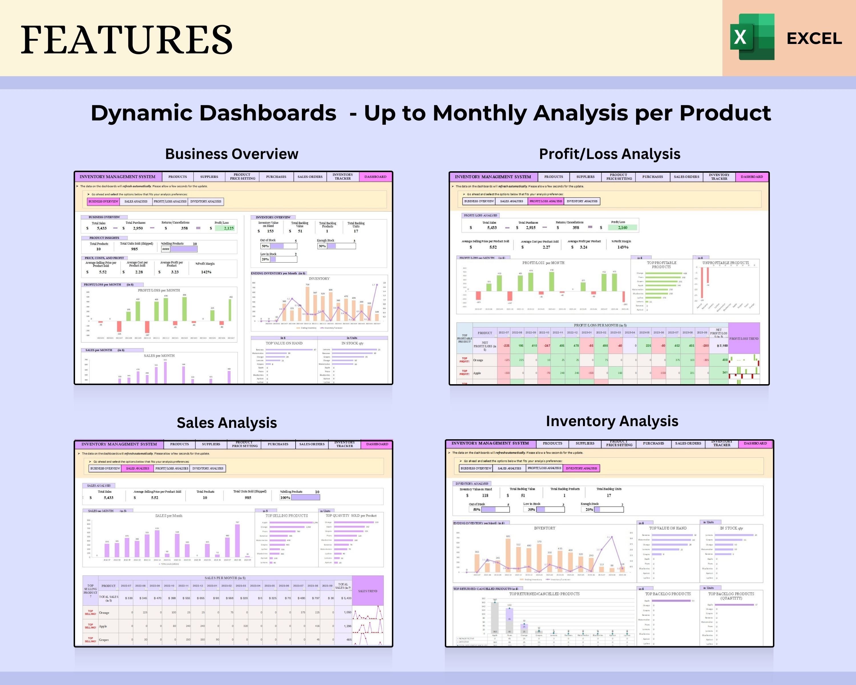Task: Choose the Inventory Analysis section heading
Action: click(x=612, y=421)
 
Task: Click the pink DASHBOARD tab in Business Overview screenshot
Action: click(x=375, y=177)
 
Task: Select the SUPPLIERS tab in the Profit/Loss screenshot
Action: click(x=585, y=177)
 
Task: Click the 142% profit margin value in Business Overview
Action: click(x=206, y=272)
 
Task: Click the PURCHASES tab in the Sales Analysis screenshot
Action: click(x=278, y=444)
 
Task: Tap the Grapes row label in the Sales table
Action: click(x=104, y=640)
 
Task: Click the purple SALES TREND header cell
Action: click(x=368, y=591)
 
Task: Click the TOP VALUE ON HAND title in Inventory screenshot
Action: click(x=668, y=528)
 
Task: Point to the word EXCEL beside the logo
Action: click(x=814, y=39)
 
